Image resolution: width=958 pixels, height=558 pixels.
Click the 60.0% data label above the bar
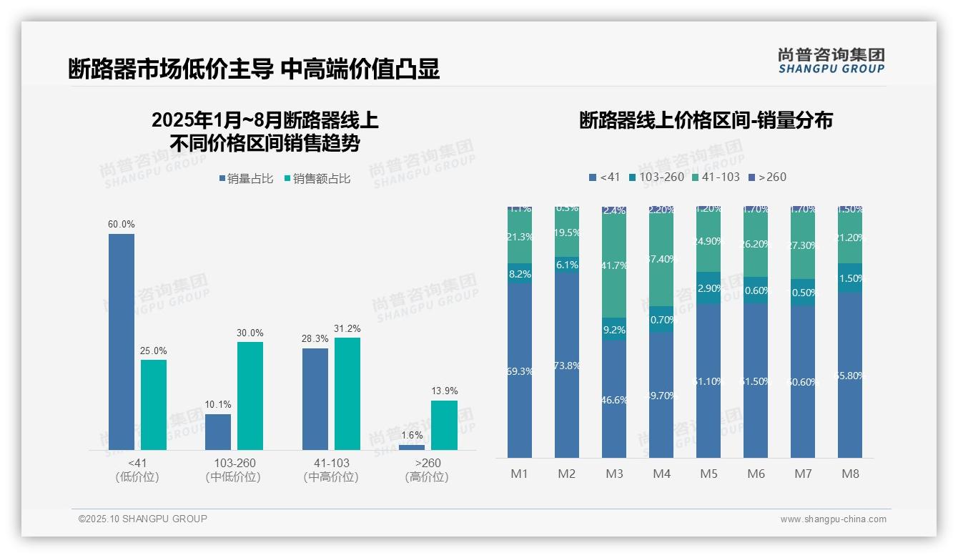coord(122,224)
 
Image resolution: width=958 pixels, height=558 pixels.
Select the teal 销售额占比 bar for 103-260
coord(250,396)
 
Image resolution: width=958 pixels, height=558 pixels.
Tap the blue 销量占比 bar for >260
coord(411,447)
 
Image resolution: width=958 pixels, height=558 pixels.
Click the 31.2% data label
coord(347,328)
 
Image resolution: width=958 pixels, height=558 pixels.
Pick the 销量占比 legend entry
coord(246,179)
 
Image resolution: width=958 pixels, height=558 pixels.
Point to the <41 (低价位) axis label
coord(137,470)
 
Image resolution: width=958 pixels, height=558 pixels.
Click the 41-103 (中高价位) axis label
coord(331,470)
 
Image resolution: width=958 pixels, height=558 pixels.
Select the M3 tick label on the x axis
coord(614,474)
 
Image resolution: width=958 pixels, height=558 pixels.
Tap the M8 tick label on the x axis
coord(850,474)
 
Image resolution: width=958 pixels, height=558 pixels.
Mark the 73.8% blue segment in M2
coord(567,365)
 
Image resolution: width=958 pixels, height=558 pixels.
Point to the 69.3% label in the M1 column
coord(520,371)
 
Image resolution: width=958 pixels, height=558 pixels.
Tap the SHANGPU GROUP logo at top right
coord(831,61)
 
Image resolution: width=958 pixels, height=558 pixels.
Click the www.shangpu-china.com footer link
coord(833,519)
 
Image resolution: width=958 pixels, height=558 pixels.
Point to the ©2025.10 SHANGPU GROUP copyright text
coord(143,519)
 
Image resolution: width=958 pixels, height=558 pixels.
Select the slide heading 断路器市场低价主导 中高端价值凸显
coord(254,69)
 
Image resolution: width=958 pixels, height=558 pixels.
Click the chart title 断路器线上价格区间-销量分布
coord(706,120)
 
